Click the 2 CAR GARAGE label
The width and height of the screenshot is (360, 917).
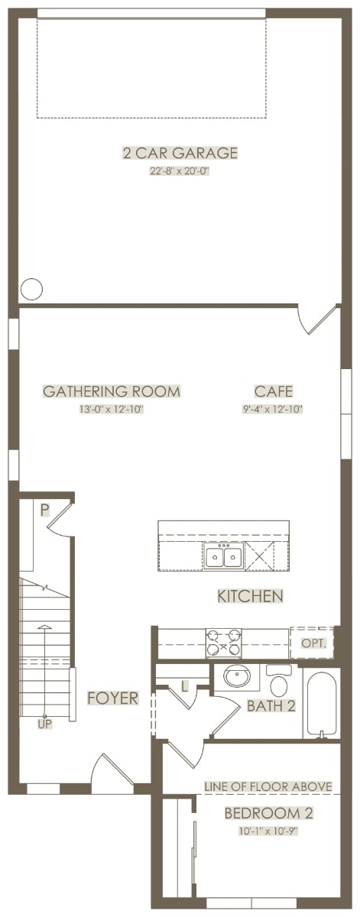coord(180,153)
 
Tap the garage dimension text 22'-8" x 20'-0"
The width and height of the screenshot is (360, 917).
coord(180,171)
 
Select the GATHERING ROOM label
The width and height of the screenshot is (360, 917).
coord(112,391)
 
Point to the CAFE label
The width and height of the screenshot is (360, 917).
coord(274,391)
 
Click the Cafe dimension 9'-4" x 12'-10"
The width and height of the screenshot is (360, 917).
coord(272,409)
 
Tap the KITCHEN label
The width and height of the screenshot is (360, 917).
coord(250,596)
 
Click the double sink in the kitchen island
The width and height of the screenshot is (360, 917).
coord(223,556)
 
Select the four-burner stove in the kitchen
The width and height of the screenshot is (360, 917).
coord(224,643)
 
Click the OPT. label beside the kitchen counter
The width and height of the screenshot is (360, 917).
coord(314,643)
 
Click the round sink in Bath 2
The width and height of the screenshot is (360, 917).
coord(237,676)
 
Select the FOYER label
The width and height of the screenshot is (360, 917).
coord(113,698)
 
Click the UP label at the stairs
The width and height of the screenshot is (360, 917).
coord(45,724)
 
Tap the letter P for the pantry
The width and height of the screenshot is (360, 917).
coord(44,510)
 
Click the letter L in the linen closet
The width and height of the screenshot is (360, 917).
coord(185,687)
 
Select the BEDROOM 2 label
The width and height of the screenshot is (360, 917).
coord(269,813)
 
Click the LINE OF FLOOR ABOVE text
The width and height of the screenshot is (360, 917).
coord(268,786)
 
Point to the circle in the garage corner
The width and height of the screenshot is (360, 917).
coord(31,289)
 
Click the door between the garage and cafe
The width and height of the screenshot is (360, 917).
coord(318,320)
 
